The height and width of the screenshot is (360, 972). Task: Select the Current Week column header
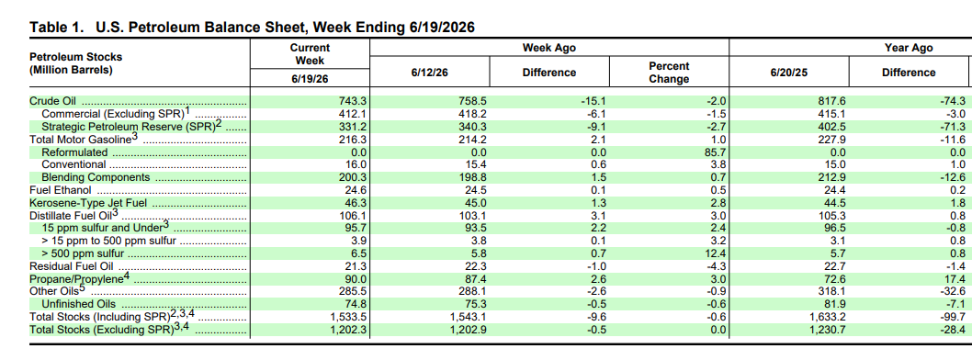[310, 54]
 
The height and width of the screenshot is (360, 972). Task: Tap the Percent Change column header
[669, 73]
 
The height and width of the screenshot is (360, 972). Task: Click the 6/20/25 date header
[789, 73]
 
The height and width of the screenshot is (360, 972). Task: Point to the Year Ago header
[909, 48]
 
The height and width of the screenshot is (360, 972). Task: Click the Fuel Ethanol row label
[61, 190]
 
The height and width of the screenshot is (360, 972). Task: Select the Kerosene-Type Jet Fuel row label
[88, 203]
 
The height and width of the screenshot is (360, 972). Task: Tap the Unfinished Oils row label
[79, 304]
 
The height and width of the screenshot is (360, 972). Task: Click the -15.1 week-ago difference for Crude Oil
[594, 101]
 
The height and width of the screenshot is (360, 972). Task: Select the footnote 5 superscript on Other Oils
[82, 287]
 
